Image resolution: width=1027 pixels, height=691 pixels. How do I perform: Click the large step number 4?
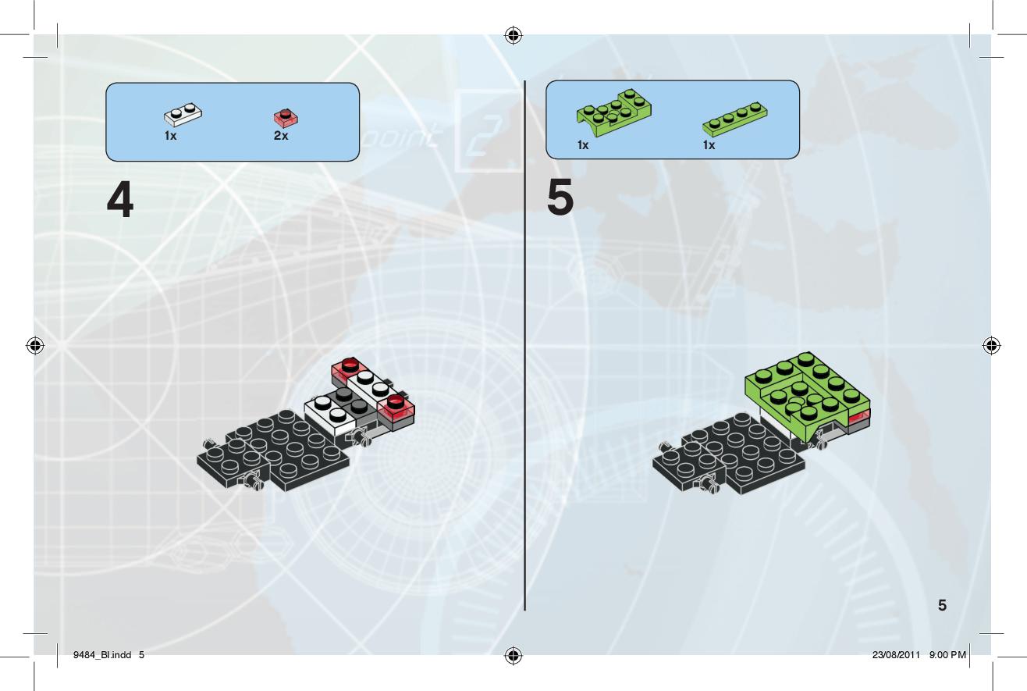tap(120, 200)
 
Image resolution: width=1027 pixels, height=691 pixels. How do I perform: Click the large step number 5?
tap(560, 197)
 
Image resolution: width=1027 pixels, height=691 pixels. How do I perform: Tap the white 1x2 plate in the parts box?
tap(183, 114)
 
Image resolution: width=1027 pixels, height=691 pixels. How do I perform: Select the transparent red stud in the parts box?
tap(286, 118)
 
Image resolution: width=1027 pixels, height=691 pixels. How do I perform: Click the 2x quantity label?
tap(281, 136)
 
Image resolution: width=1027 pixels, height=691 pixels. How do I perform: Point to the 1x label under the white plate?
tap(171, 136)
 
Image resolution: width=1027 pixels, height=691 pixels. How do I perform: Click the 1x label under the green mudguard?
tap(583, 145)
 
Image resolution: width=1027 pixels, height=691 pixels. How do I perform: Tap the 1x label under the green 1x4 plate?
tap(709, 145)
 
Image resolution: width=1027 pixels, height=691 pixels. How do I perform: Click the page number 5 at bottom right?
tap(942, 605)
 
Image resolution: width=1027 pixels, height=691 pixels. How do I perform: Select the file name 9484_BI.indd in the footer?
tap(102, 655)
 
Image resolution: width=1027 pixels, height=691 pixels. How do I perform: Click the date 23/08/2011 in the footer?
tap(896, 655)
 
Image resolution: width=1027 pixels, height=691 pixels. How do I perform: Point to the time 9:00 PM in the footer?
tap(947, 655)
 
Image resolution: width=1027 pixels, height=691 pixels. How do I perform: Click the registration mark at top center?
tap(513, 35)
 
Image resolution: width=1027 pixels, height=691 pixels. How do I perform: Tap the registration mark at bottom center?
tap(513, 655)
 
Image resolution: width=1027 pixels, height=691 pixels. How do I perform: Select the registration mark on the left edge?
tap(35, 345)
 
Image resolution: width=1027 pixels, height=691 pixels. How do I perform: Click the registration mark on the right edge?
tap(991, 345)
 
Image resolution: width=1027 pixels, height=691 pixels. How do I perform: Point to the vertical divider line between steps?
tap(525, 345)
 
